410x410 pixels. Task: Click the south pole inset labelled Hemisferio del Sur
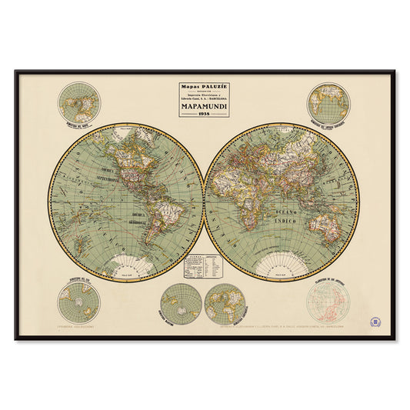click(78, 302)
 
